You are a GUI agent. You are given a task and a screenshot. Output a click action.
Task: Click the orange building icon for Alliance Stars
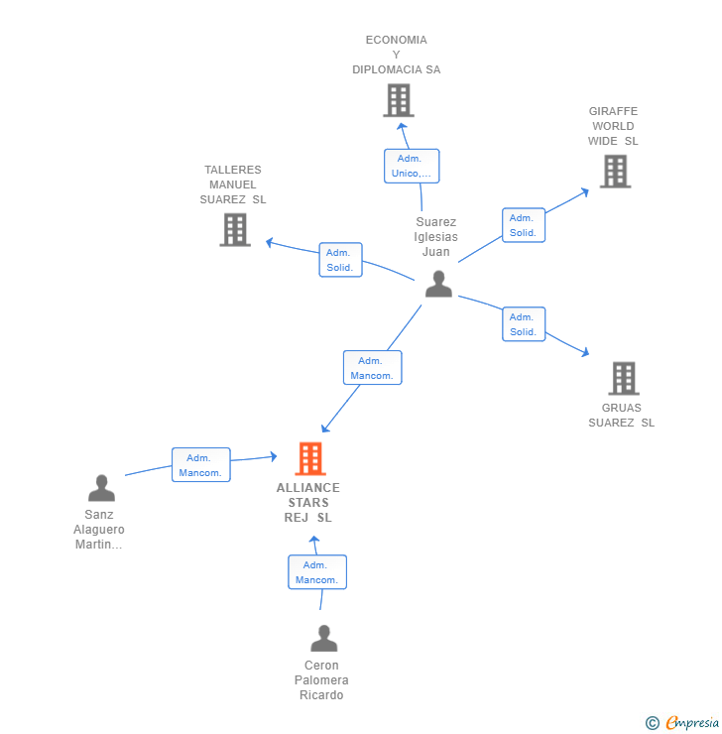(x=310, y=458)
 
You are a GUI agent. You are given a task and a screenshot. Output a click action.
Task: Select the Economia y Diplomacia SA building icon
(x=399, y=100)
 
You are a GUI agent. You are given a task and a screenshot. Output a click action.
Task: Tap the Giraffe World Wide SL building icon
(x=615, y=172)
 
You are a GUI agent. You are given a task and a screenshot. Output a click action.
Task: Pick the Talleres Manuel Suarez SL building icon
(x=235, y=229)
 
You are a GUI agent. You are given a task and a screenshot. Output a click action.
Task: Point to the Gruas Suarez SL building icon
(x=624, y=378)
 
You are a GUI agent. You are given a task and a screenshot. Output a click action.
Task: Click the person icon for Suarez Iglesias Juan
(x=438, y=284)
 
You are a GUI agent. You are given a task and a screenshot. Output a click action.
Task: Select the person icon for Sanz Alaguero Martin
(x=101, y=488)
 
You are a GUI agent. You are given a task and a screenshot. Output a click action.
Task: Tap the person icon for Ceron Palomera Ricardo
(x=323, y=638)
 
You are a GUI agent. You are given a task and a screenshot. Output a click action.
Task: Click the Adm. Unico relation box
(x=412, y=167)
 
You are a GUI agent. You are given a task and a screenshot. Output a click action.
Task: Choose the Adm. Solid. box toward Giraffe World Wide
(x=524, y=225)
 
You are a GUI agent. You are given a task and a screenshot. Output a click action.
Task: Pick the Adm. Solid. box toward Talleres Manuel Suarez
(x=340, y=260)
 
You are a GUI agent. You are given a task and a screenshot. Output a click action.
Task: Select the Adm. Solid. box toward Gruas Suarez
(x=524, y=324)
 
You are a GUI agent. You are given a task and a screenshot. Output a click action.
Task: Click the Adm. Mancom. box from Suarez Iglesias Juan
(x=373, y=368)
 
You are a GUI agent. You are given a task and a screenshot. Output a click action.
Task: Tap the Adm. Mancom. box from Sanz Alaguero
(x=201, y=465)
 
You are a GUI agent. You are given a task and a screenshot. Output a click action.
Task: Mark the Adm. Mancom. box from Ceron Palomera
(x=317, y=572)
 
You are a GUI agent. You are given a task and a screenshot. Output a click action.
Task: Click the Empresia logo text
(x=692, y=722)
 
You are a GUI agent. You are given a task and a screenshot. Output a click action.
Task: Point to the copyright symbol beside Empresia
(x=653, y=723)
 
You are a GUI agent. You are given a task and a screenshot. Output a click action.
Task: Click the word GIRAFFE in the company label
(x=613, y=111)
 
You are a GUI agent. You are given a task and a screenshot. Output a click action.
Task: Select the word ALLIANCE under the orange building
(x=307, y=488)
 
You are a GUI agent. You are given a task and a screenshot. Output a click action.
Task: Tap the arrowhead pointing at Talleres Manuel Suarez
(x=269, y=242)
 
